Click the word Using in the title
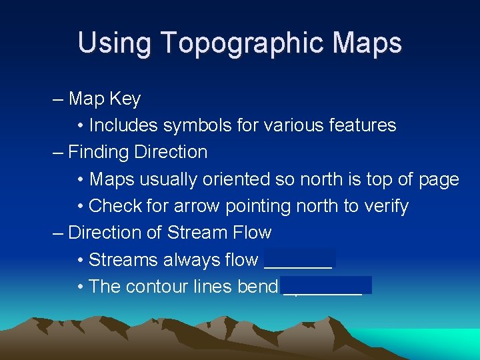click(x=115, y=43)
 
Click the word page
click(x=439, y=180)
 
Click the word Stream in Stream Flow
click(x=196, y=233)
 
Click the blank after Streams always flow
click(x=299, y=260)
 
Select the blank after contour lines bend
click(x=326, y=287)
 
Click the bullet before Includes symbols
click(x=80, y=126)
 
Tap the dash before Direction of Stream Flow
click(x=58, y=233)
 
